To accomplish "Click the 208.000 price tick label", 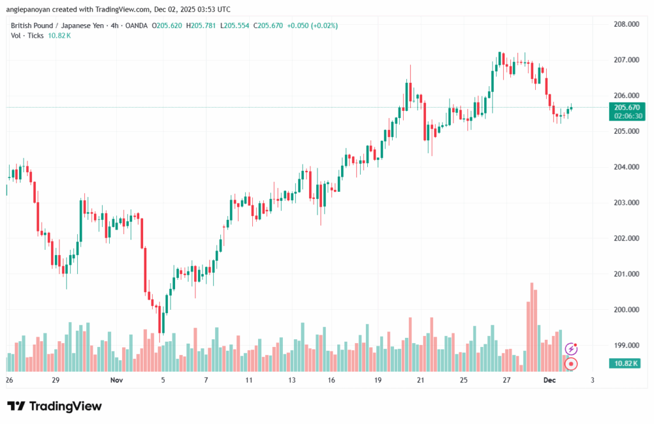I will pyautogui.click(x=626, y=24).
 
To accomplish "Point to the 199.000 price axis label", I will pyautogui.click(x=626, y=346).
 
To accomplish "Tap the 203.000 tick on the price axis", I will pyautogui.click(x=626, y=203).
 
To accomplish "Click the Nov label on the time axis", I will pyautogui.click(x=116, y=381).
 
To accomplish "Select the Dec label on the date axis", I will pyautogui.click(x=550, y=381).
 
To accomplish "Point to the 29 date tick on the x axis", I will pyautogui.click(x=56, y=381).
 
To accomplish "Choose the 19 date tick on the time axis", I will pyautogui.click(x=378, y=381).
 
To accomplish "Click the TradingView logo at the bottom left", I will pyautogui.click(x=54, y=407).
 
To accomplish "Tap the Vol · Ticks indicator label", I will pyautogui.click(x=27, y=36).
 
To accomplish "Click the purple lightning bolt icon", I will pyautogui.click(x=572, y=349).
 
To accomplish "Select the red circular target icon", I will pyautogui.click(x=572, y=364).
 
